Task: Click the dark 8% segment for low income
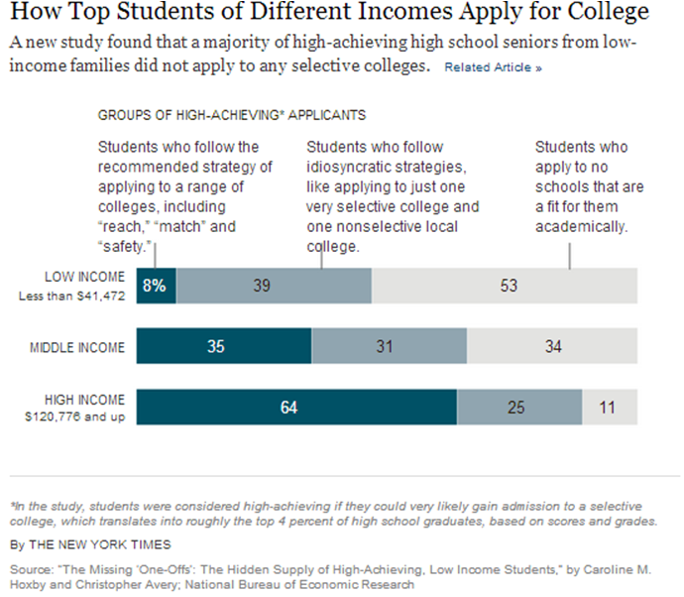point(156,286)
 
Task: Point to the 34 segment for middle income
point(552,347)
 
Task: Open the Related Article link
point(493,68)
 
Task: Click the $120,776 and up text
point(74,418)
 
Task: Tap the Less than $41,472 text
point(69,296)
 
